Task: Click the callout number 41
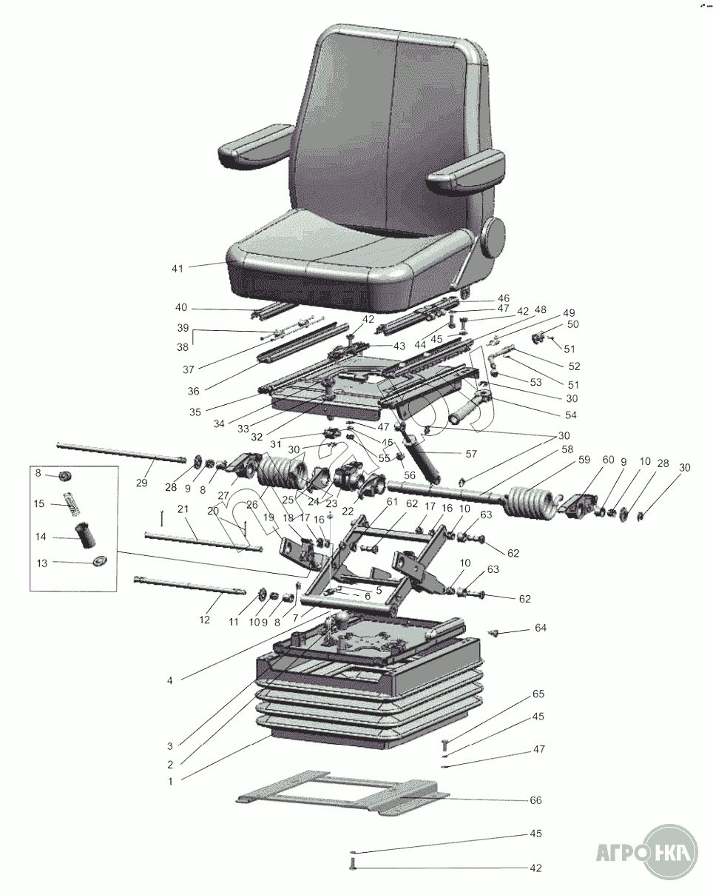point(178,269)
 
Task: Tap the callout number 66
point(535,800)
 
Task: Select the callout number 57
point(470,454)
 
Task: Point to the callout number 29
point(142,483)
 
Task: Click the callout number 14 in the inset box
point(40,537)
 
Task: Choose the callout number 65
point(538,694)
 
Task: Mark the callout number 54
point(571,415)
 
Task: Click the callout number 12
point(204,620)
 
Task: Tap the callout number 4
point(169,681)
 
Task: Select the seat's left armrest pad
point(254,146)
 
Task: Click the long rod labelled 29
point(121,452)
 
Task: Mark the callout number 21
point(183,509)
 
